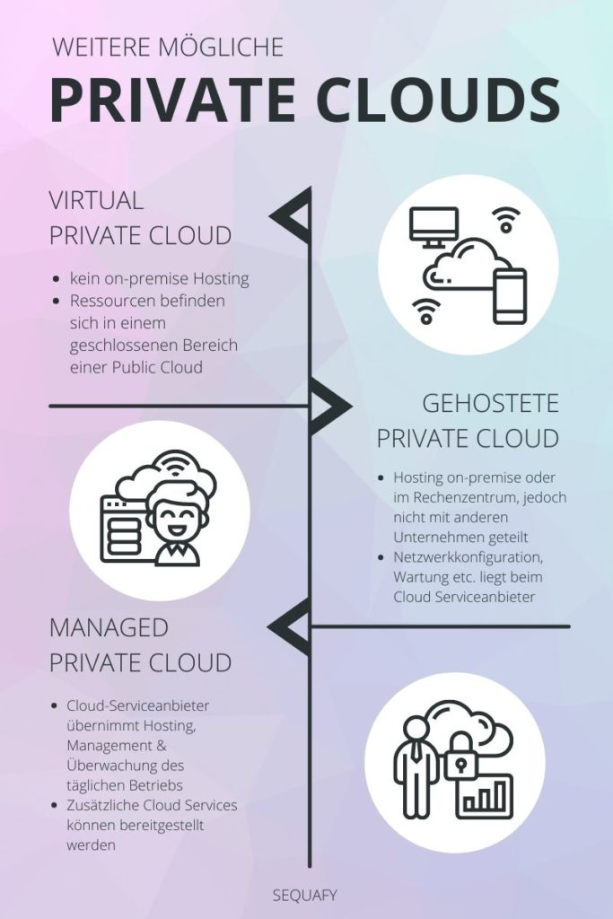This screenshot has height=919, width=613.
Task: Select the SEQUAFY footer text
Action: tap(305, 894)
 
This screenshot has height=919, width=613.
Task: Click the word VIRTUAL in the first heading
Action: tap(96, 200)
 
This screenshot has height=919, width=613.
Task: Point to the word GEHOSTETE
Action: tap(490, 403)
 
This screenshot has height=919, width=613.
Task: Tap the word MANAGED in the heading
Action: tap(109, 626)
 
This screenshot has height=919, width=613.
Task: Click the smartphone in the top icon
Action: tap(511, 295)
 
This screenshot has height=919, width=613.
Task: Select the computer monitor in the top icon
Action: tap(433, 227)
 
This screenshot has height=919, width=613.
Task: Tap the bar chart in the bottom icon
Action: tap(484, 796)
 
